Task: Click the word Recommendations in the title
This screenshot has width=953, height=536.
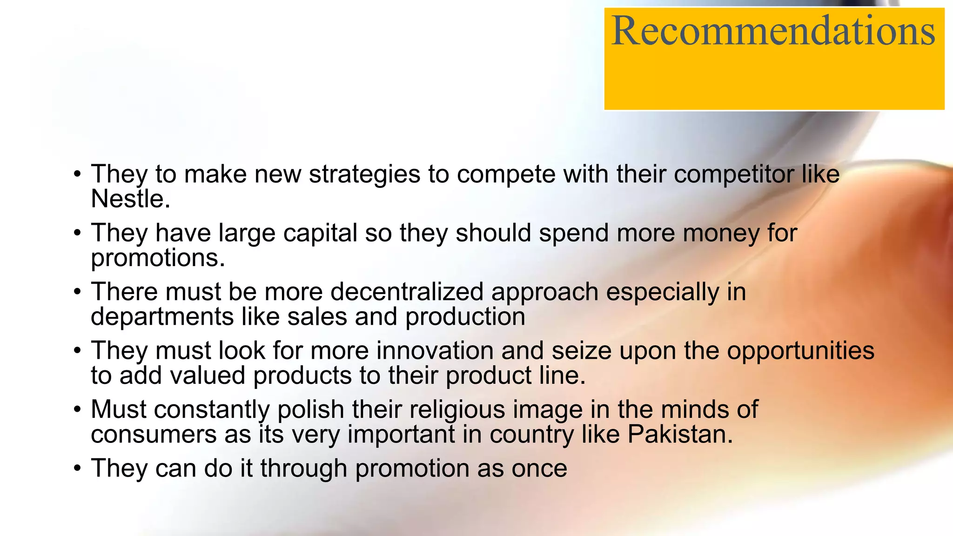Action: [773, 31]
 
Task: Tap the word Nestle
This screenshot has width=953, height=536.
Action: [130, 199]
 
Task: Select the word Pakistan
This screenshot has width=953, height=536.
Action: [679, 434]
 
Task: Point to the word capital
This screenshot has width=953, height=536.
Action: [320, 233]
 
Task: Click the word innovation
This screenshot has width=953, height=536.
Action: [435, 350]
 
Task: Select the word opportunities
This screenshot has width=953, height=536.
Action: [800, 350]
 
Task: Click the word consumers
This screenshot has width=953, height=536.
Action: [154, 434]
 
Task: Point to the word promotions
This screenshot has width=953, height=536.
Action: [158, 258]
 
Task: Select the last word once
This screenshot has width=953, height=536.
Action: [539, 469]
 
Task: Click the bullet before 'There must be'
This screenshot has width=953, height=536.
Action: [77, 292]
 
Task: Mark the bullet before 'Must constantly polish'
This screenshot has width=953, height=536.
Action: [77, 410]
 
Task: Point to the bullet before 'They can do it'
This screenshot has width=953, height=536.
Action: [77, 469]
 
